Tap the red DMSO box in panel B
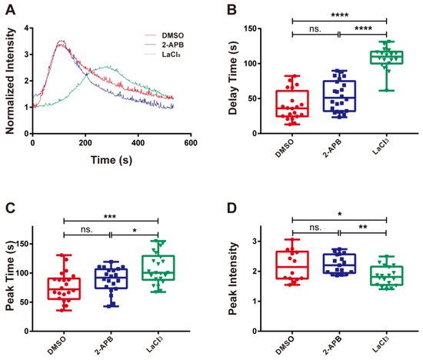pyautogui.click(x=291, y=103)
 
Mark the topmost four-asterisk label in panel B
pyautogui.click(x=339, y=12)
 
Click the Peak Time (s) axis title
pyautogui.click(x=11, y=268)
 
